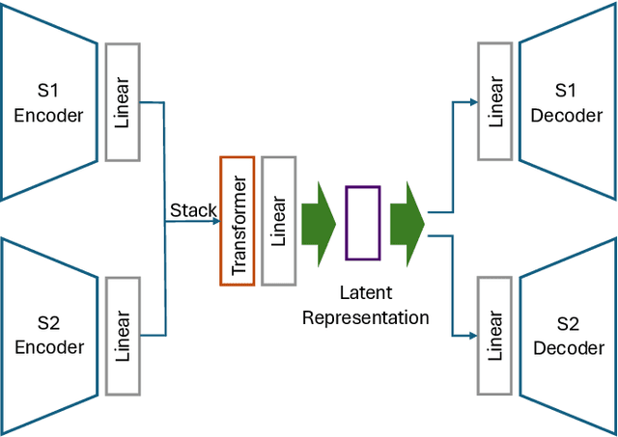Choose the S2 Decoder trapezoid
coord(568,335)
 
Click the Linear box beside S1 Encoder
coord(123,101)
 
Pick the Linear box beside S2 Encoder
coord(123,336)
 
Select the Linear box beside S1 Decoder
coord(494,101)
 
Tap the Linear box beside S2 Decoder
coord(494,336)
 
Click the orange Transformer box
coord(238,220)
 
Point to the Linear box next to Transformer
coord(278,220)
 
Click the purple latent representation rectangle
coord(362,223)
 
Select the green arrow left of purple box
coord(318,223)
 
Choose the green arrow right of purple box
coord(407,223)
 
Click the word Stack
coord(193,210)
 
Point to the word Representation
coord(365,316)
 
